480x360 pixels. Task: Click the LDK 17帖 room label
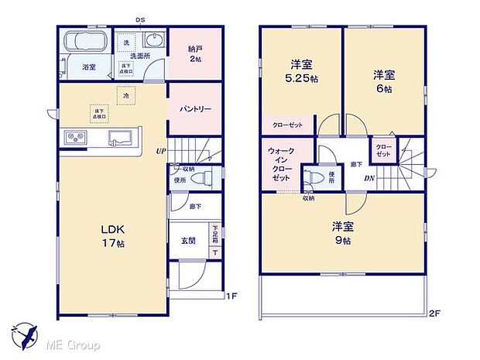pos(111,235)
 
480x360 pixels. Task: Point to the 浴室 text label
pos(89,67)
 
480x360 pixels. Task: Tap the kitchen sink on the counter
pos(120,139)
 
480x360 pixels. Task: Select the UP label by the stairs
pos(160,151)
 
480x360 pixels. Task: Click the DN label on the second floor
pos(371,178)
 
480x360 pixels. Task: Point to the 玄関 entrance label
pos(188,240)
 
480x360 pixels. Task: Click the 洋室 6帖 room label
pos(384,81)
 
